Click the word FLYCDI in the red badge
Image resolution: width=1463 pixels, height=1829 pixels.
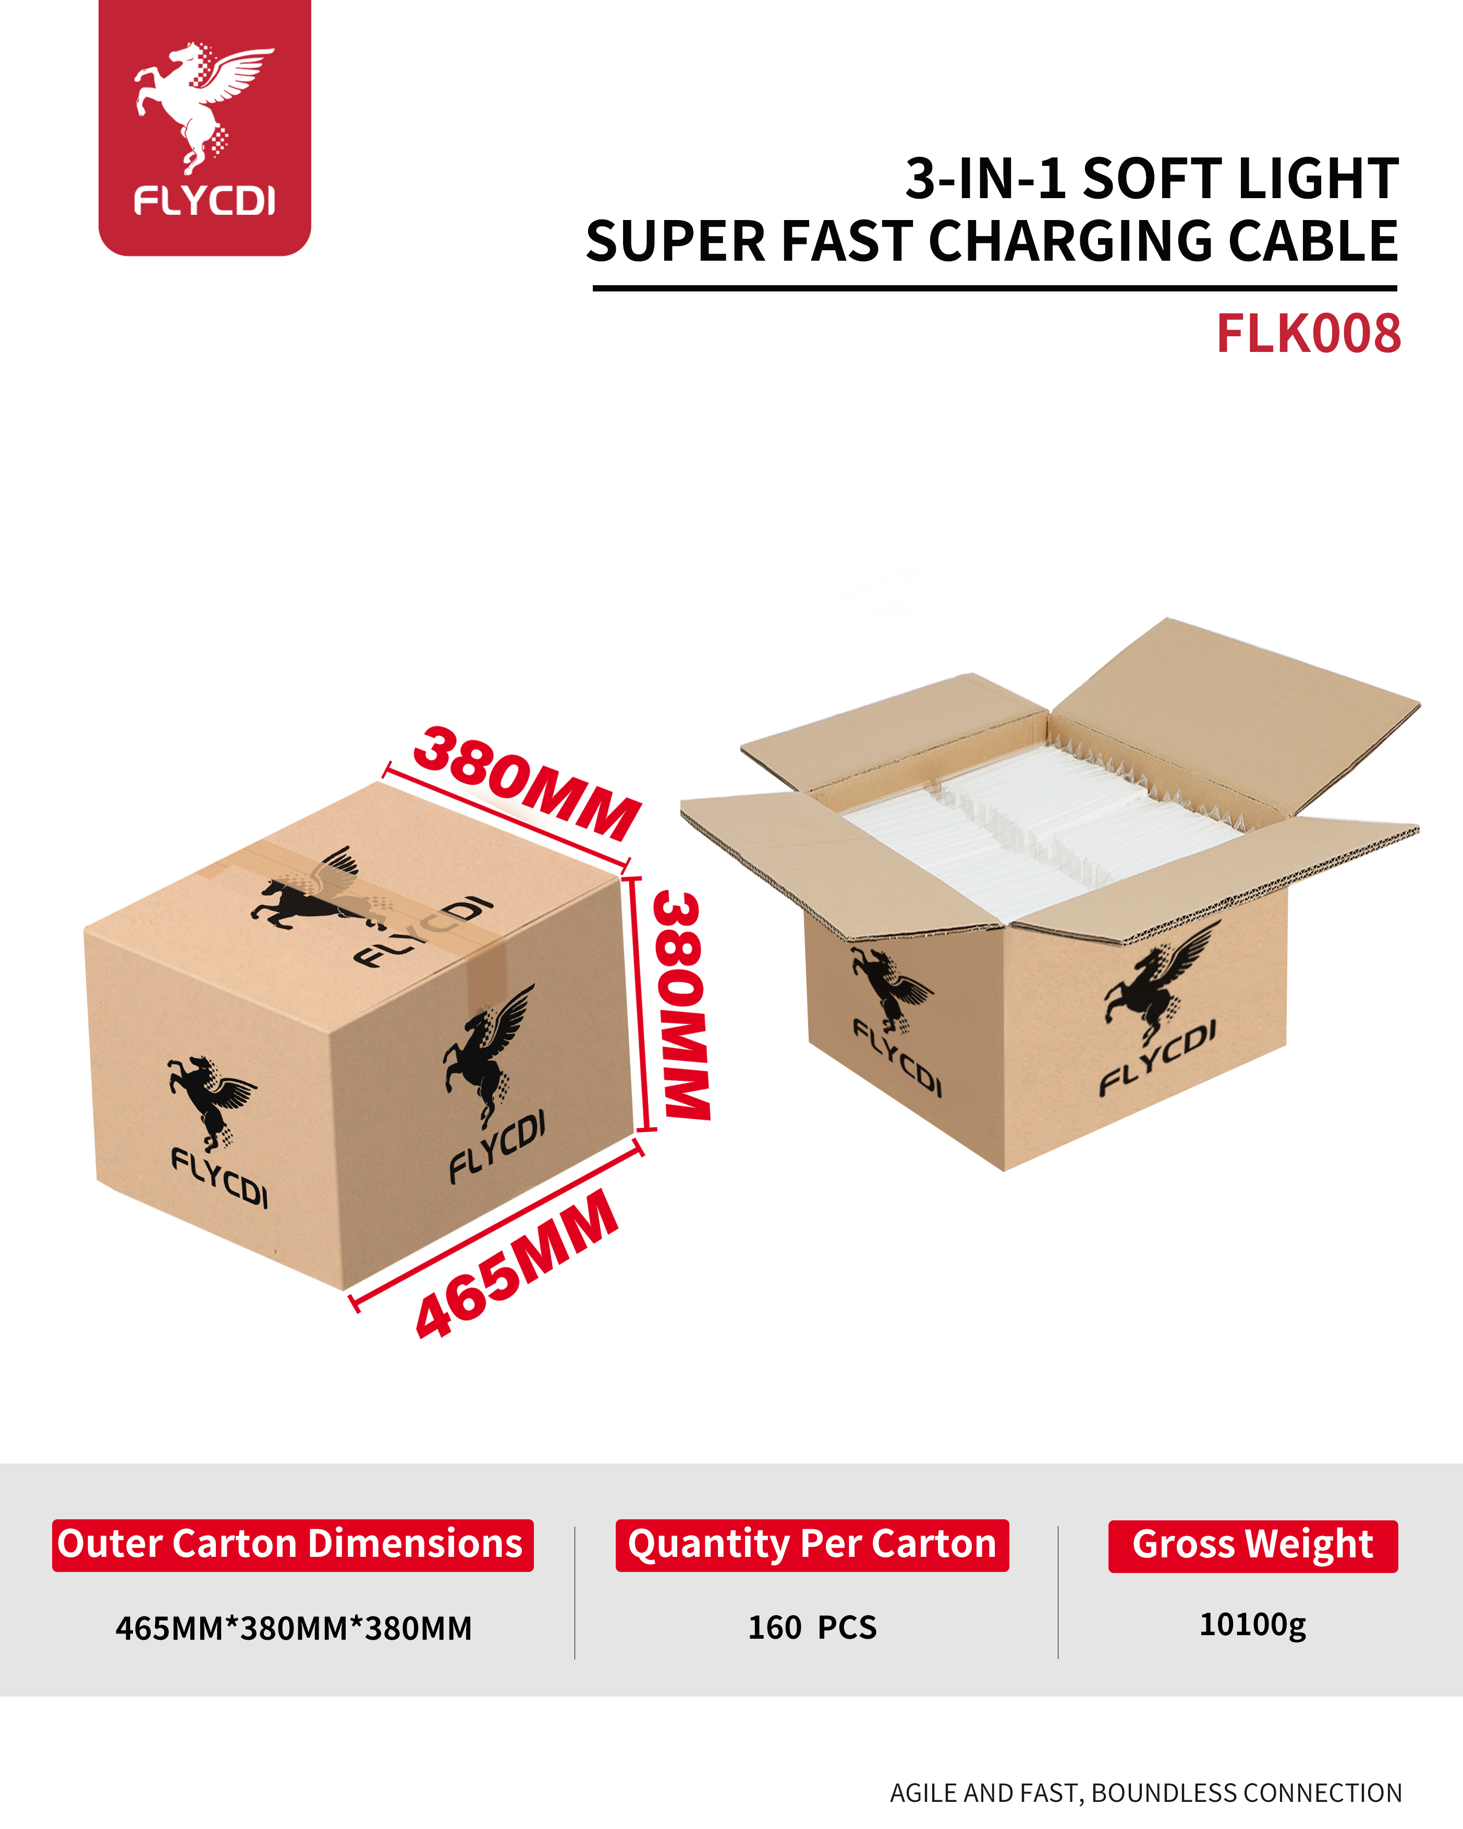[204, 201]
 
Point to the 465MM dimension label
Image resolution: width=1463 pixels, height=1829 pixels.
[517, 1264]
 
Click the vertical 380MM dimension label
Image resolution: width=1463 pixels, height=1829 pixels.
[682, 1005]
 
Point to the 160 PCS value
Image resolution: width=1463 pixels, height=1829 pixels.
[812, 1627]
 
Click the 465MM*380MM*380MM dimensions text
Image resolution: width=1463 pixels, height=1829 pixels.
[294, 1628]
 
